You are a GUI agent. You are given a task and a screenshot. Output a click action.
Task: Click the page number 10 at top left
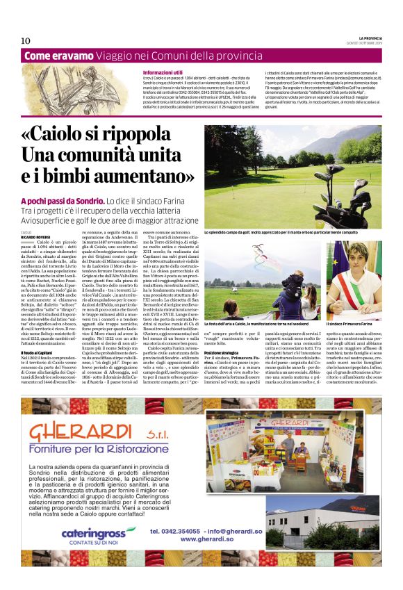(x=26, y=40)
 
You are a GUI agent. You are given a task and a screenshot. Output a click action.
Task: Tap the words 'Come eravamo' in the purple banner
(x=58, y=56)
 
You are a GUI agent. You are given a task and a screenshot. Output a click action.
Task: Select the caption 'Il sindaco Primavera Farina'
(x=355, y=304)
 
